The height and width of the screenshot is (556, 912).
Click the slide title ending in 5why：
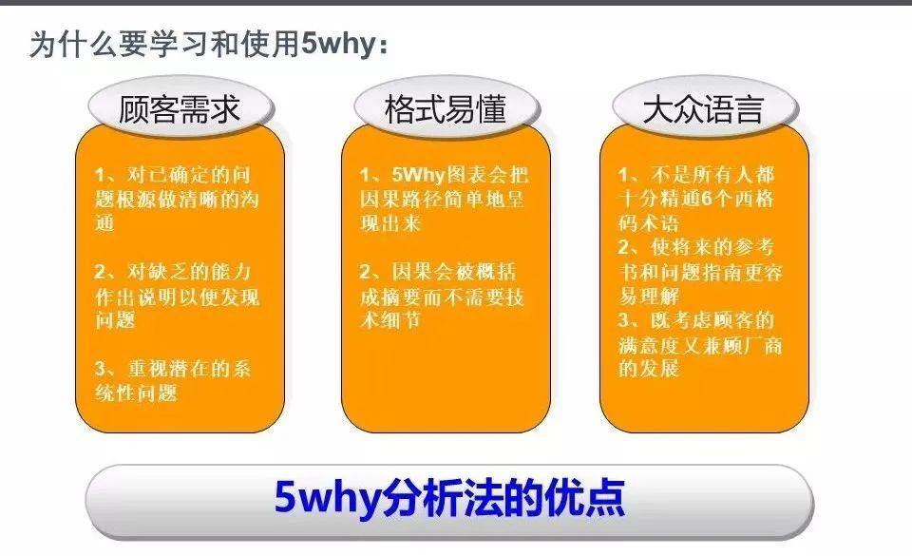[208, 45]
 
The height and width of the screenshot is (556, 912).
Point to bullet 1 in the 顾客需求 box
[177, 200]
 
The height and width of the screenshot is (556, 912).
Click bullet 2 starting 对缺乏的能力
[177, 297]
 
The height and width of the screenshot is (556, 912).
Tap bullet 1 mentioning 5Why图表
[443, 200]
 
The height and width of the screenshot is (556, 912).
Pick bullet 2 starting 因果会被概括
[443, 297]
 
